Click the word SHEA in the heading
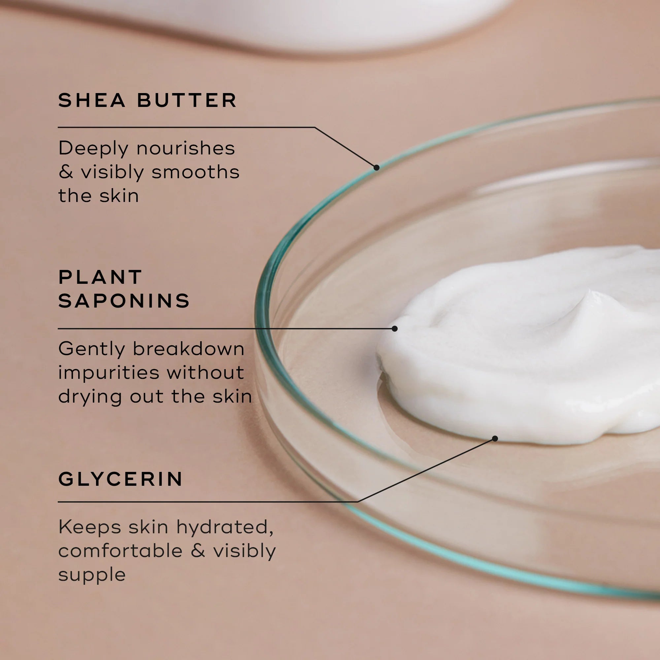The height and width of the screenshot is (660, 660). click(x=91, y=100)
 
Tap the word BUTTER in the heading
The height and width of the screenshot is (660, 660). click(x=186, y=100)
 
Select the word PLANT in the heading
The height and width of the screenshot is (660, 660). click(x=100, y=277)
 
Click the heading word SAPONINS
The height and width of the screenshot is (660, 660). click(x=124, y=301)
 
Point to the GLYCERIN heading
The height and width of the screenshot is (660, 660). click(x=120, y=479)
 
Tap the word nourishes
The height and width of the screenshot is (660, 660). click(x=185, y=148)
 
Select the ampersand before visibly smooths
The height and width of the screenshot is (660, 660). click(x=66, y=172)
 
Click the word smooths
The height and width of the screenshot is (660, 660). click(x=195, y=172)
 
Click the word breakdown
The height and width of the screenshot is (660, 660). click(x=188, y=349)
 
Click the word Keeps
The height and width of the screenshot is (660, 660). click(x=89, y=527)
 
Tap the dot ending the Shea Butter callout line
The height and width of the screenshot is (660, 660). click(x=377, y=167)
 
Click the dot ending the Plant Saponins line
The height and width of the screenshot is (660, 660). click(x=395, y=329)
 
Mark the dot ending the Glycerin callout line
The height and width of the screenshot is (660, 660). click(x=495, y=439)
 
